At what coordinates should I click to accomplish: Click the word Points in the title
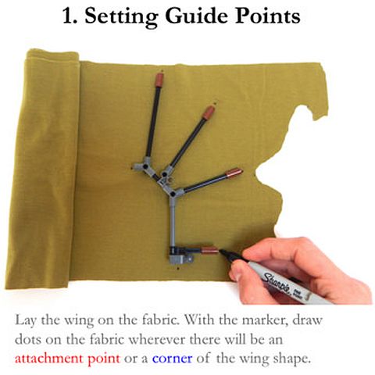pos(268,16)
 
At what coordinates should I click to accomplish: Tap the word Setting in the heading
pos(121,17)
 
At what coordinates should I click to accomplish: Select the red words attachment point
pos(67,359)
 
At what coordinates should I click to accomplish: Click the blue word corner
pos(173,359)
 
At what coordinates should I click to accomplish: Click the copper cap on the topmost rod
pos(159,79)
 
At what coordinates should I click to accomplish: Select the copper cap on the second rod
pos(209,113)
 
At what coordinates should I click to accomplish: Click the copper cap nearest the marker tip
pos(209,251)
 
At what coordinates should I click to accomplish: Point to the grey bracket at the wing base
pos(181,259)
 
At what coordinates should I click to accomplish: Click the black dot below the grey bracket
pos(178,268)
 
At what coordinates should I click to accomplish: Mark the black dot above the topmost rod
pos(162,70)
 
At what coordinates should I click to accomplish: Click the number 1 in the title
pos(69,16)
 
